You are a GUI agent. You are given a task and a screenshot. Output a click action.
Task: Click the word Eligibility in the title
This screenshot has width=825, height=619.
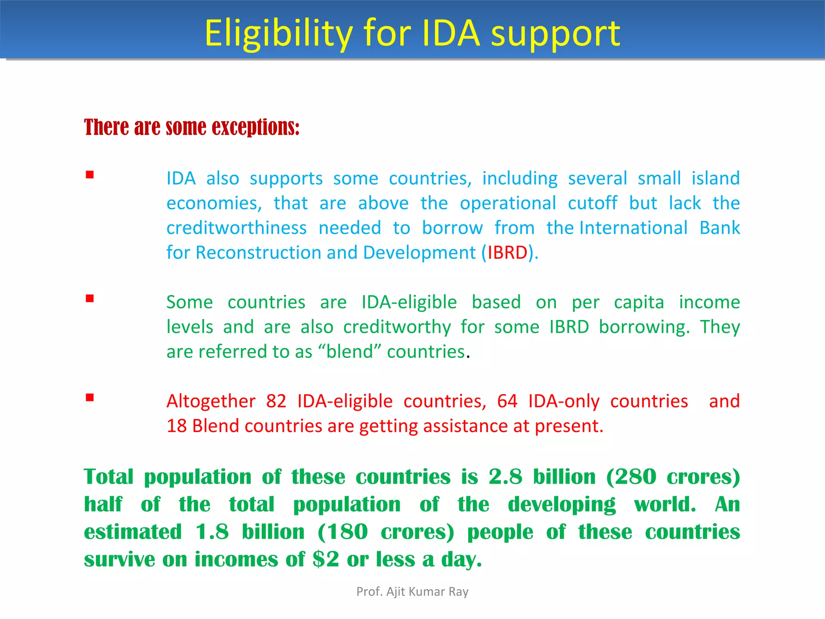click(278, 34)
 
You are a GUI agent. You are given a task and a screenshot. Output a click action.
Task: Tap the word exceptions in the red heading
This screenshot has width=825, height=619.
click(255, 127)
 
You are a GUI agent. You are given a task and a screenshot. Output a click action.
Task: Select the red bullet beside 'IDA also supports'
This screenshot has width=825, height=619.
click(90, 175)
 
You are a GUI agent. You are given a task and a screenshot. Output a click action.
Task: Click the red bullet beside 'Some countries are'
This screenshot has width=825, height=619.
click(90, 299)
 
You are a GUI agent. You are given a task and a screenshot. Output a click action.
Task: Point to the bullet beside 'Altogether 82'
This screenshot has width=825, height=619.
click(90, 398)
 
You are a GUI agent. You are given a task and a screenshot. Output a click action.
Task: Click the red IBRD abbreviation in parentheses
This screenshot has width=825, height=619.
click(507, 253)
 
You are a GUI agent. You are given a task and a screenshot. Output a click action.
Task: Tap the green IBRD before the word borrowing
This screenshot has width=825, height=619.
click(569, 327)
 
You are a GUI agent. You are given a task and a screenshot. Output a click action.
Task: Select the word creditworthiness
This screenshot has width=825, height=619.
click(236, 228)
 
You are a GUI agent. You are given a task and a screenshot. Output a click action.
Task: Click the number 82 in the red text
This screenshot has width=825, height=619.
click(276, 401)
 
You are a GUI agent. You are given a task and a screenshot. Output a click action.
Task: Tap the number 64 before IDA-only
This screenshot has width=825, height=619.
click(507, 401)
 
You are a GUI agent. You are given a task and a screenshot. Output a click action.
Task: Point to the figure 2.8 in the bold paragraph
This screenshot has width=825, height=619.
click(505, 477)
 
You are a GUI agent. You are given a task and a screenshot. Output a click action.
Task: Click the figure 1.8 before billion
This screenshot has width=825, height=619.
click(212, 532)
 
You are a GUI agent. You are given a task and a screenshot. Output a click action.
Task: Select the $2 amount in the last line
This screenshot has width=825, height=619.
click(325, 559)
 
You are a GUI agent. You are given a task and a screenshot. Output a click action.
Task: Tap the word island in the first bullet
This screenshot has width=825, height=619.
click(715, 179)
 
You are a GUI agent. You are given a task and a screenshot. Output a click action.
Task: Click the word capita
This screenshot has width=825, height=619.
click(638, 302)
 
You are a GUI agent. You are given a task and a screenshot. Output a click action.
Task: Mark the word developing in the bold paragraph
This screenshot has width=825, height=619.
click(562, 505)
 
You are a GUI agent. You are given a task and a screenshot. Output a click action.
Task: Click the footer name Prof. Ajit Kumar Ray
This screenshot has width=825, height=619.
click(412, 592)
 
